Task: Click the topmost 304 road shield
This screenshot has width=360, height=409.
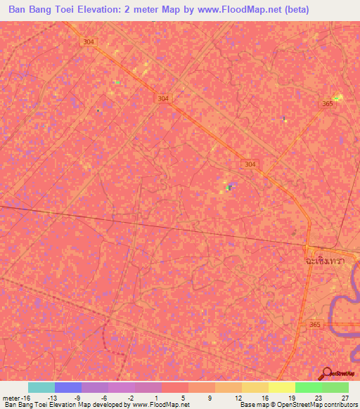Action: pyautogui.click(x=88, y=41)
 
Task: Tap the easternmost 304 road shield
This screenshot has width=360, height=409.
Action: pyautogui.click(x=251, y=164)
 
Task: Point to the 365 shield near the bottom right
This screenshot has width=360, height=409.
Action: pyautogui.click(x=314, y=325)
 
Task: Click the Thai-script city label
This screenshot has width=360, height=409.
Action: pyautogui.click(x=326, y=260)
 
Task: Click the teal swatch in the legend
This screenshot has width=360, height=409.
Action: pyautogui.click(x=41, y=387)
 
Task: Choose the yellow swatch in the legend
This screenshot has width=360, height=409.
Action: pyautogui.click(x=281, y=387)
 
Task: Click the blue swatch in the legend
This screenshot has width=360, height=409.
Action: pyautogui.click(x=68, y=387)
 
